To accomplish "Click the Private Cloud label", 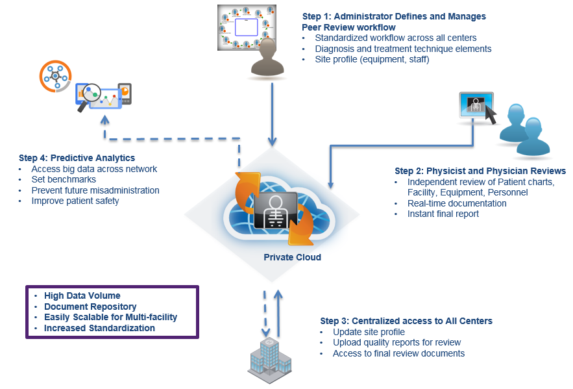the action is pyautogui.click(x=293, y=257).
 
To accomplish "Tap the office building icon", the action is pyautogui.click(x=270, y=360).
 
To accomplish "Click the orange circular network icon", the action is pyautogui.click(x=55, y=76).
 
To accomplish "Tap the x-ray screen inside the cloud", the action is pyautogui.click(x=276, y=210).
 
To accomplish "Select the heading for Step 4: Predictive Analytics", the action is pyautogui.click(x=77, y=158).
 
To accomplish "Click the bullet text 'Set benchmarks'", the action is pyautogui.click(x=64, y=179).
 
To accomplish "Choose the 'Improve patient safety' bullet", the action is pyautogui.click(x=75, y=201).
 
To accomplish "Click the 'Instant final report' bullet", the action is pyautogui.click(x=443, y=214).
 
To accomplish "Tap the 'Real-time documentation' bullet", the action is pyautogui.click(x=457, y=203).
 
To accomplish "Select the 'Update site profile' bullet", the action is pyautogui.click(x=369, y=332).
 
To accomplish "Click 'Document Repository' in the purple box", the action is pyautogui.click(x=90, y=307).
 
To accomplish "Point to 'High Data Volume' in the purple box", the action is pyautogui.click(x=82, y=295).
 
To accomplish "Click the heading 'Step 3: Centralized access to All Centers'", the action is pyautogui.click(x=406, y=321).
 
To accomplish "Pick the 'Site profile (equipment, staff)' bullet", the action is pyautogui.click(x=372, y=59).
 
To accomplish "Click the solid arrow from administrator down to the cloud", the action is pyautogui.click(x=272, y=114).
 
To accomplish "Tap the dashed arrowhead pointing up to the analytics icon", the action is pyautogui.click(x=105, y=120).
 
